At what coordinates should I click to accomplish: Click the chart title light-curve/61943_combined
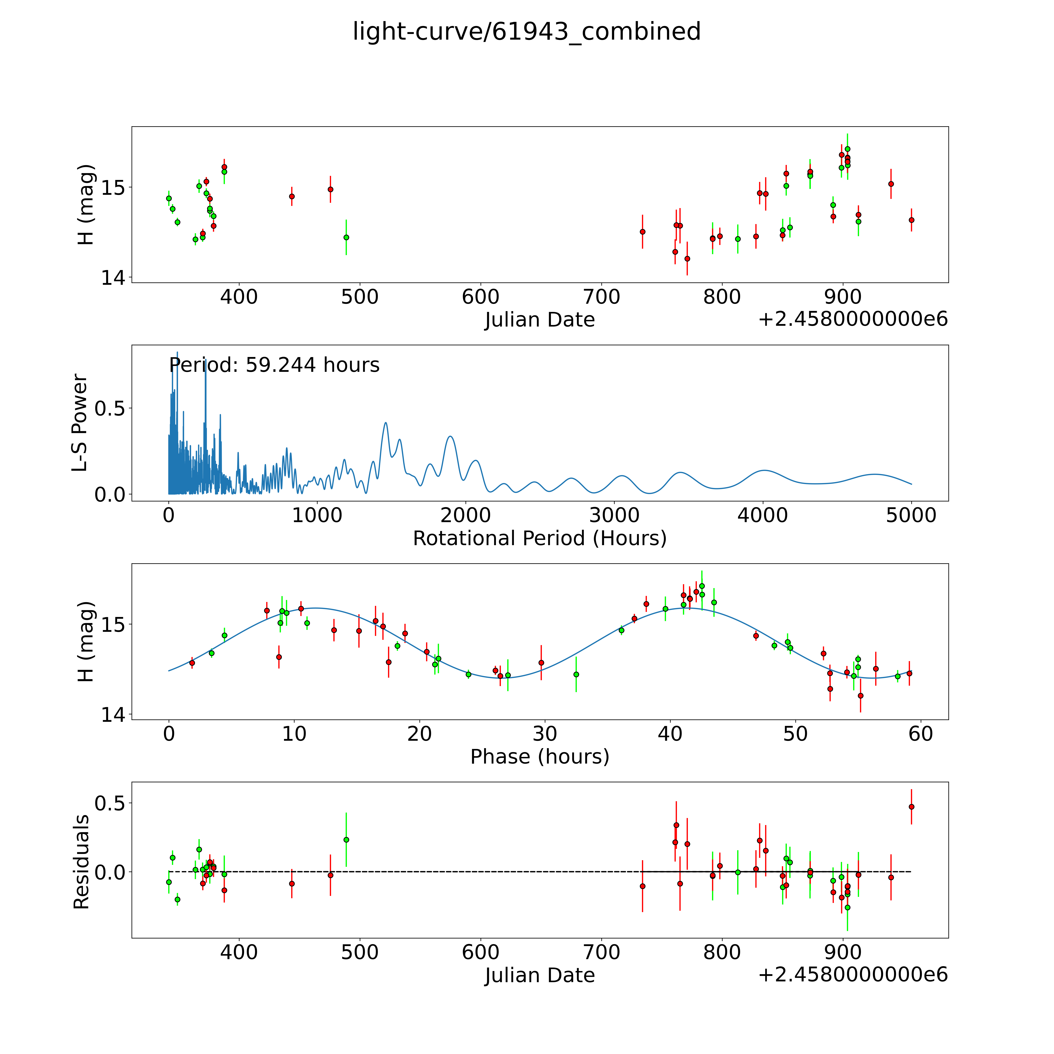coord(526,32)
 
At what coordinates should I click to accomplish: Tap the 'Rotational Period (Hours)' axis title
coord(539,539)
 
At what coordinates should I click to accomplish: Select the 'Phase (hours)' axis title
coord(539,757)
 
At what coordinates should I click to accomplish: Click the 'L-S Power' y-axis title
coord(80,423)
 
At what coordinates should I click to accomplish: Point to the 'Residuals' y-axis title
coord(81,862)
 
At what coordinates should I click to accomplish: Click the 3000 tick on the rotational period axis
coord(614,515)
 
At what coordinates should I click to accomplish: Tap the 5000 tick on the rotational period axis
coord(911,515)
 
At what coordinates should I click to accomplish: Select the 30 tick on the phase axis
coord(545,734)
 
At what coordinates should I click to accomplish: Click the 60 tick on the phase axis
coord(921,734)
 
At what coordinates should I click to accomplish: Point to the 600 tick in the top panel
coord(481,297)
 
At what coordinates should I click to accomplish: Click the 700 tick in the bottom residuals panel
coord(602,953)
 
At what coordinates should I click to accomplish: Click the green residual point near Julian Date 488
coord(346,840)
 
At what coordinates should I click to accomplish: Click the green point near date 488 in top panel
coord(346,237)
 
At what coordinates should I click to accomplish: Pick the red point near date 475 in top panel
coord(330,189)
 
